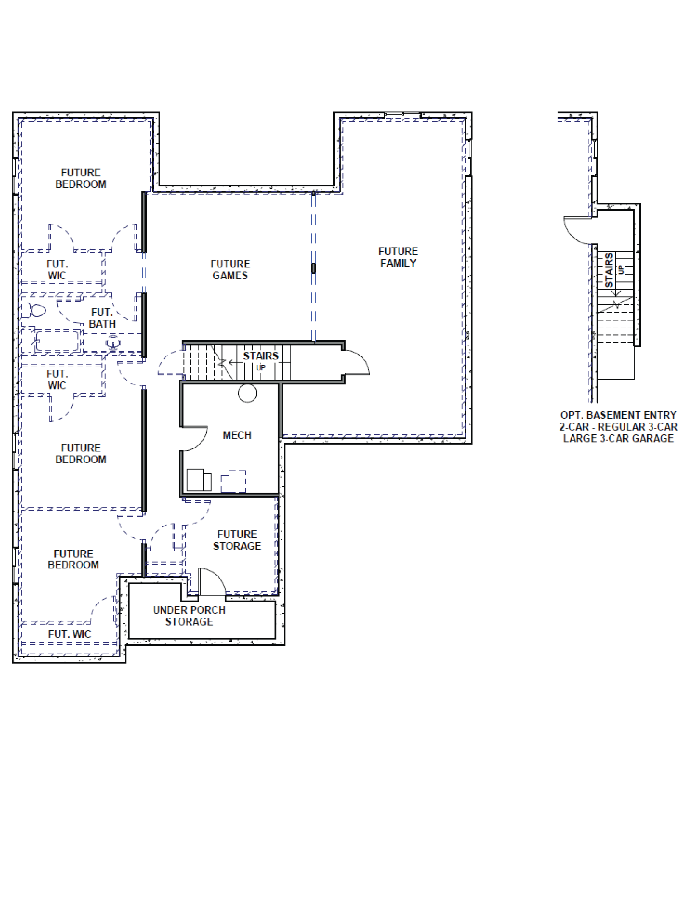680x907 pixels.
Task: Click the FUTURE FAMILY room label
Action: coord(398,257)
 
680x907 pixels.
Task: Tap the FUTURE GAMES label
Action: coord(230,269)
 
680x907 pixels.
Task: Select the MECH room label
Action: coord(237,435)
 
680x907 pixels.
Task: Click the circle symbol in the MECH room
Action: coord(247,393)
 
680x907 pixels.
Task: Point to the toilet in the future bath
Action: coord(34,310)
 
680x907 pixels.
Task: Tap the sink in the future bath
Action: coord(113,343)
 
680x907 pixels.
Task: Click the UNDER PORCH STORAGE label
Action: coord(189,616)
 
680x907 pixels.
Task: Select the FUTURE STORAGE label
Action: coord(237,540)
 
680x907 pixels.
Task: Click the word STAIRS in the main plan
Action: coord(260,356)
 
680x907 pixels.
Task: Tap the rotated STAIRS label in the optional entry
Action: coord(609,270)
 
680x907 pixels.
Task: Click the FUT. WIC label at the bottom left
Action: coord(69,634)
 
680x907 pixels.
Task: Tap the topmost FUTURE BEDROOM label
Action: coord(81,178)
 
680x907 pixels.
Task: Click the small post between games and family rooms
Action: coord(313,268)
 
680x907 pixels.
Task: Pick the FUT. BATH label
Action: coord(102,318)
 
